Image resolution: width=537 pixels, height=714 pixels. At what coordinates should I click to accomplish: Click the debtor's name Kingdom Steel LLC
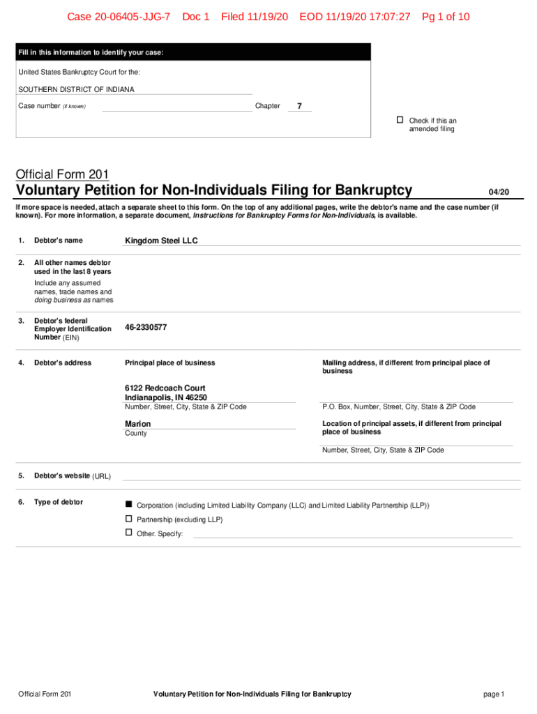[x=161, y=241]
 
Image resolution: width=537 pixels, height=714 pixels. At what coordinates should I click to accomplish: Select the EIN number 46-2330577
[x=146, y=327]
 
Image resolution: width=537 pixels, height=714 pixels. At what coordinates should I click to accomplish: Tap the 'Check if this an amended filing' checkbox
[x=400, y=121]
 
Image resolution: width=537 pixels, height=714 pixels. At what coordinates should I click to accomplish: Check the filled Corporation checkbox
[x=128, y=504]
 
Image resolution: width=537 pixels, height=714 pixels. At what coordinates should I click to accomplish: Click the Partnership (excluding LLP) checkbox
[x=128, y=519]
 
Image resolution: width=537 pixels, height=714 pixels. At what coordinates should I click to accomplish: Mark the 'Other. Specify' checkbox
[x=128, y=533]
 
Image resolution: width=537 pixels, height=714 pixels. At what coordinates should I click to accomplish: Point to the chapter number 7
[x=299, y=106]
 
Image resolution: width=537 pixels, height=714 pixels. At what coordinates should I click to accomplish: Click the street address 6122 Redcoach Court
[x=165, y=388]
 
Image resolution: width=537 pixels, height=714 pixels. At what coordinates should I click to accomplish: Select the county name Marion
[x=137, y=424]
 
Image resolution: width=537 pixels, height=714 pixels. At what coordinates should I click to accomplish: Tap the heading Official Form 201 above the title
[x=62, y=174]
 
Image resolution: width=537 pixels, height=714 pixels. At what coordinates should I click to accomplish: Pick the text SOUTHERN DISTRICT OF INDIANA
[x=76, y=89]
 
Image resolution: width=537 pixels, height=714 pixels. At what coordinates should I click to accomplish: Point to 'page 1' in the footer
[x=493, y=694]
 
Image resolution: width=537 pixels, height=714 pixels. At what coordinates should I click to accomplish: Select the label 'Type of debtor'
[x=59, y=502]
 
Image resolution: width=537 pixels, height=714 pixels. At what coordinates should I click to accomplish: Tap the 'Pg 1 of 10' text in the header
[x=446, y=17]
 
